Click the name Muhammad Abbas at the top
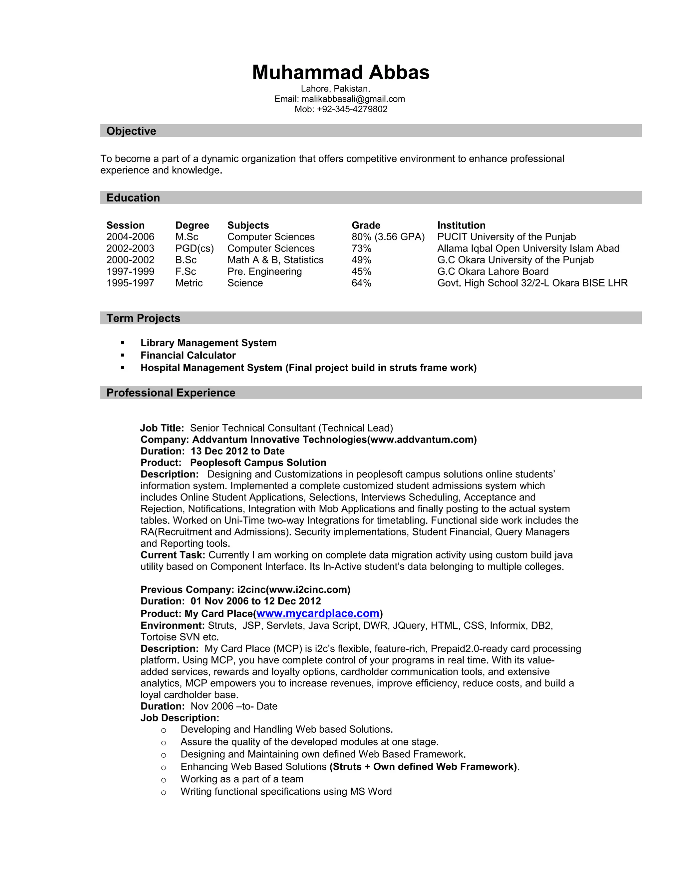(341, 72)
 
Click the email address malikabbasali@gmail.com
(353, 99)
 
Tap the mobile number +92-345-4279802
(352, 109)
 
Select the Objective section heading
(131, 131)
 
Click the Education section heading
(133, 198)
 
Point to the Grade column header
(366, 225)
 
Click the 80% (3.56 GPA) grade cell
(388, 237)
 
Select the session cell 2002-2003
(130, 248)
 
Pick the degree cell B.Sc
(186, 260)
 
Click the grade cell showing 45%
(361, 271)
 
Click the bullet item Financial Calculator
(188, 356)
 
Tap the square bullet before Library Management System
(123, 343)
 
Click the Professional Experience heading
(170, 393)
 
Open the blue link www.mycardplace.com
(318, 613)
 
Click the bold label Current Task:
(173, 555)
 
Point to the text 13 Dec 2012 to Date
(237, 451)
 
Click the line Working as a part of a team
(242, 779)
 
